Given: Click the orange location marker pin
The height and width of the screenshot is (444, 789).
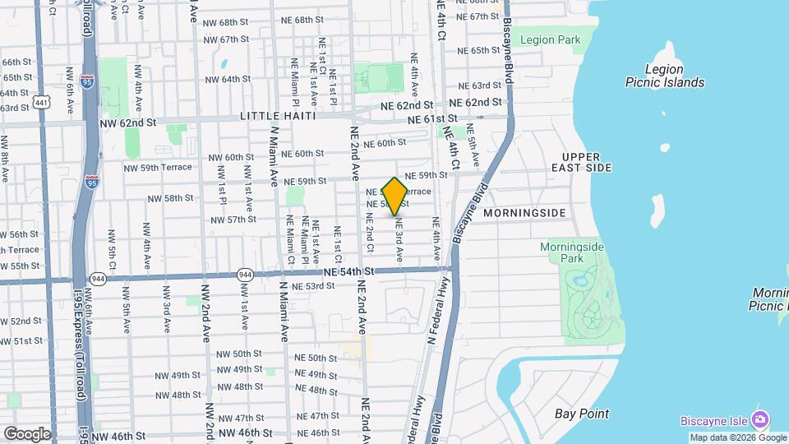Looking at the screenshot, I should coord(394,196).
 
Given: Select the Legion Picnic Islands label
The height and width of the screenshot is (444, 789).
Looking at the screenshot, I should coord(664,76).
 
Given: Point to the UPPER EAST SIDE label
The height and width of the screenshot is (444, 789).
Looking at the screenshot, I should coord(587,161).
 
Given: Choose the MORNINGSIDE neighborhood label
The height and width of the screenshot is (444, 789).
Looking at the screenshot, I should coord(524,213).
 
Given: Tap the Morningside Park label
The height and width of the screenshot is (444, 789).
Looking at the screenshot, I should coord(572,252).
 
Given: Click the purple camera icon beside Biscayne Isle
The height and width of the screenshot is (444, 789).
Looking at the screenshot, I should coord(760,420).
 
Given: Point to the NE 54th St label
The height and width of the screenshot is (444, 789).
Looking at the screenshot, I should coord(348,271).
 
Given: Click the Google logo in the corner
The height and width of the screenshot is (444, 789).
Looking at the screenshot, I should coord(26,433).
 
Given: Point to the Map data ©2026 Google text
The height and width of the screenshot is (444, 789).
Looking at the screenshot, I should coord(737,437).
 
